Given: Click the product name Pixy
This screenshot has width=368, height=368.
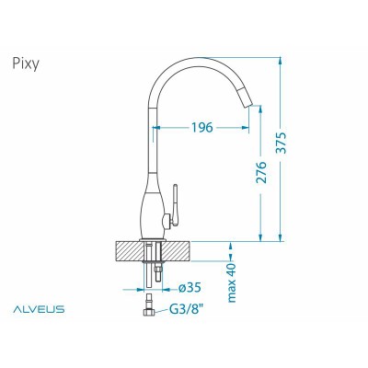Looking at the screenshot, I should pos(28,64).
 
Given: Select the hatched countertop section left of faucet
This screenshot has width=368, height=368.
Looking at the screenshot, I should pos(128,251).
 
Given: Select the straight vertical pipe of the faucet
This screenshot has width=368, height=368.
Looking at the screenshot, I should pos(148,138).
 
